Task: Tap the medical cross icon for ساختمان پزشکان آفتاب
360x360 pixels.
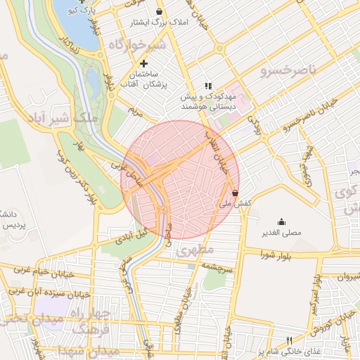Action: pos(145,64)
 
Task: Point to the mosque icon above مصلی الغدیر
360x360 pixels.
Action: pos(282,221)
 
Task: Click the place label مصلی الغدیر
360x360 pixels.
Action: pos(282,233)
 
